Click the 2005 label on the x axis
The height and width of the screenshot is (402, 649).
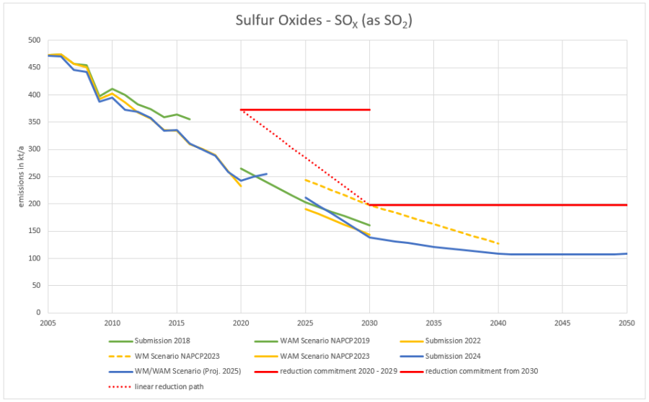point(48,323)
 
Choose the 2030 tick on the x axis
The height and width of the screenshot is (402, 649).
point(369,323)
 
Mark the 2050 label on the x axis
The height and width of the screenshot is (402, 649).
point(626,323)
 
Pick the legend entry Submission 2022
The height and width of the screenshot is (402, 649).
point(452,341)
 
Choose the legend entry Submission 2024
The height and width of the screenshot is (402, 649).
point(452,356)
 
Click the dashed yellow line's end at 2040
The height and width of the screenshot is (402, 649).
point(498,243)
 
